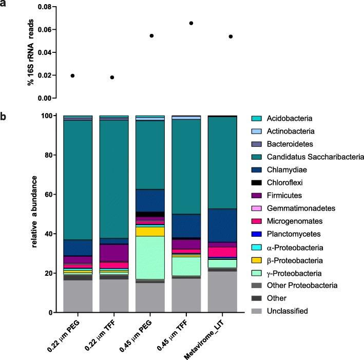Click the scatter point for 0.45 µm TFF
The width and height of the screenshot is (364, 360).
(x=191, y=23)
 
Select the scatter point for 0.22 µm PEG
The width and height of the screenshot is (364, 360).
(x=72, y=75)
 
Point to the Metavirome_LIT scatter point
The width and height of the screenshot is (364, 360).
(x=231, y=36)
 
